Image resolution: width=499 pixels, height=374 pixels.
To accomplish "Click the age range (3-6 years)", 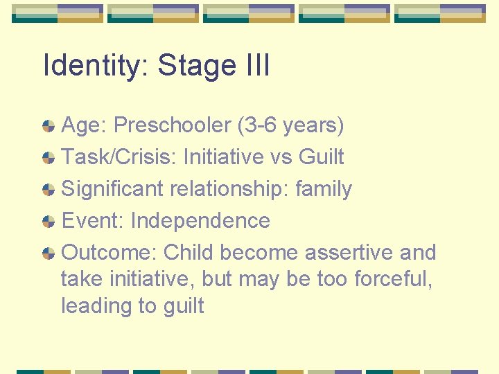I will [290, 125].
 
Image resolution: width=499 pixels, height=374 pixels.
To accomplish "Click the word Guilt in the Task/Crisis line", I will [321, 157].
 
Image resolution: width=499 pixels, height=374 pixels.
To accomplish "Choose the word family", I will [324, 189].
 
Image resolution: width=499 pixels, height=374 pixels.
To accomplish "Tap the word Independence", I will [200, 221].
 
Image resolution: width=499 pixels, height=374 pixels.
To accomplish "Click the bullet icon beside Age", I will [49, 126].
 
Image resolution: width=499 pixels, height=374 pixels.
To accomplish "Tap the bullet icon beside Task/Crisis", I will [49, 158].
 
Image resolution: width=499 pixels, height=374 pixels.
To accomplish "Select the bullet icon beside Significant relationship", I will [49, 190].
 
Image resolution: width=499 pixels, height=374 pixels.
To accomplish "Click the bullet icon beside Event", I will [49, 222].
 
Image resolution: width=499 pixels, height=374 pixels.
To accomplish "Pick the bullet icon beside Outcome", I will [49, 253].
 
